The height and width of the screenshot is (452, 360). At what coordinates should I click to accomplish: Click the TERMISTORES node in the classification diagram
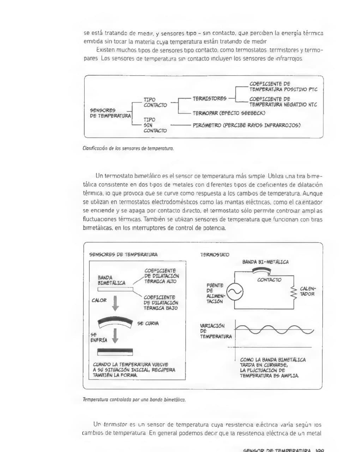tap(209, 99)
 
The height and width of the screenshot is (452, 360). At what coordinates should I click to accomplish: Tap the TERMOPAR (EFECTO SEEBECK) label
tap(229, 113)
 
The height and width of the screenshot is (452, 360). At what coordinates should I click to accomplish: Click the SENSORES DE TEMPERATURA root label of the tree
tap(110, 113)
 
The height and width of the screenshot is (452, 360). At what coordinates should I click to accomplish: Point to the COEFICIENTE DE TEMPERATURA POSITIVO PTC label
tap(283, 87)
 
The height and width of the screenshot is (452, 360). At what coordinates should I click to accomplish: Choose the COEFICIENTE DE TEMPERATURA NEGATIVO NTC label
tap(283, 102)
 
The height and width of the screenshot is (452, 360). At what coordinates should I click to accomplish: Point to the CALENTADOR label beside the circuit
tap(307, 291)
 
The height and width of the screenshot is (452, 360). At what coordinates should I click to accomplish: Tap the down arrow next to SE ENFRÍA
tap(115, 335)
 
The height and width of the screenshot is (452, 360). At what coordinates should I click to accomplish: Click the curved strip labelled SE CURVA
tap(115, 321)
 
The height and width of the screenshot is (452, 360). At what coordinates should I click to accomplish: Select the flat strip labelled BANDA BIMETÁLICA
tap(115, 289)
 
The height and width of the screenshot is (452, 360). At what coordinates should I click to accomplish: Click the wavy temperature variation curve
tap(274, 331)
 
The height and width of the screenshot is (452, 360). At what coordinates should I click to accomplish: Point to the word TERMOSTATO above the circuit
tap(215, 255)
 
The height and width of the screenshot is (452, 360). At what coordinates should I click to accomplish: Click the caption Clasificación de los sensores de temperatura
tap(128, 149)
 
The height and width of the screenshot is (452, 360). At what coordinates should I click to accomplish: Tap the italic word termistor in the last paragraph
tap(115, 424)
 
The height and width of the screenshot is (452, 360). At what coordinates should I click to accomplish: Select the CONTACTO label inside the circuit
tap(269, 280)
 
